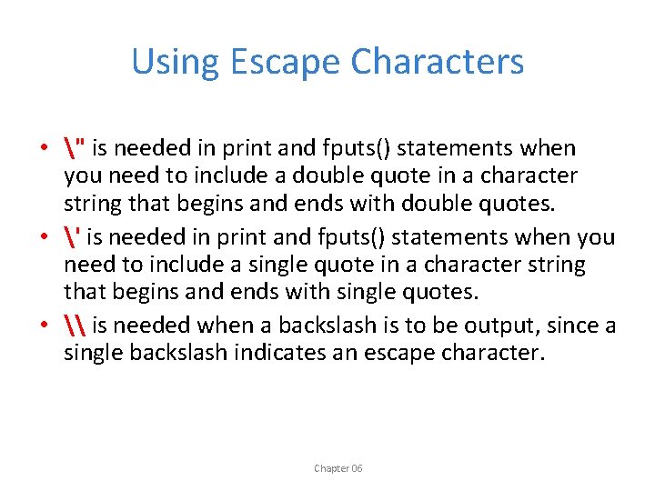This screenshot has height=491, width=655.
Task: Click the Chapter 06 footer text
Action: pos(338,468)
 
